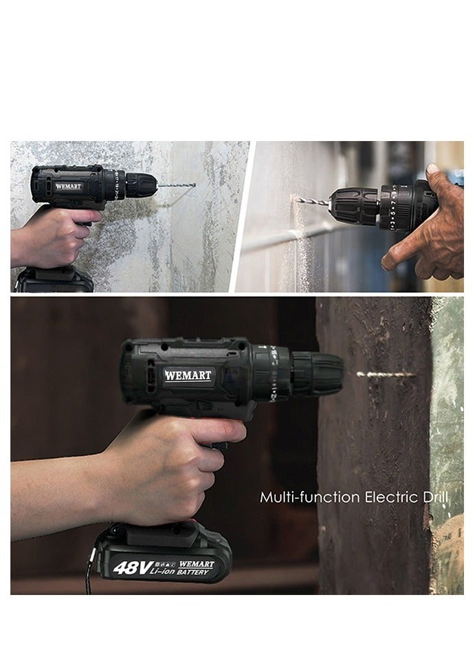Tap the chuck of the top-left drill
click(142, 185)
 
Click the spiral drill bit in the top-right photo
click(313, 201)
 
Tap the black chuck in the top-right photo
click(352, 204)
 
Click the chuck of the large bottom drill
click(317, 374)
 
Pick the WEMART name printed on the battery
click(196, 563)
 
